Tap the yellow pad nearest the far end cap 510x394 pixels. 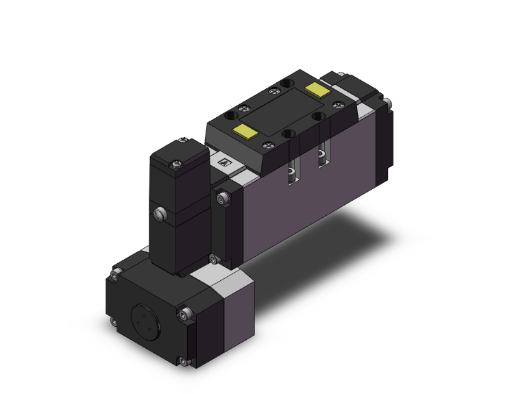click(x=317, y=89)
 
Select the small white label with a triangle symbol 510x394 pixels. click(x=223, y=163)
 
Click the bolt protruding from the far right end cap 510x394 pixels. click(x=389, y=103)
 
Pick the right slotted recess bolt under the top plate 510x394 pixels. click(x=321, y=158)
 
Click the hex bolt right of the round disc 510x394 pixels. click(x=188, y=315)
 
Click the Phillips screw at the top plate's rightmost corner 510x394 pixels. click(x=337, y=104)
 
